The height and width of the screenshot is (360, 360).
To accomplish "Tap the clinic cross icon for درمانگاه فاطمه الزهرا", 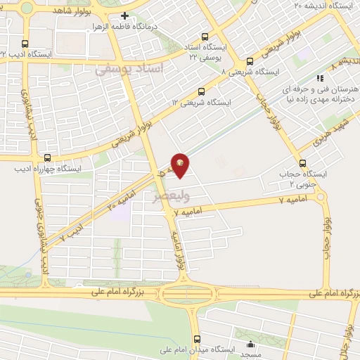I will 124,16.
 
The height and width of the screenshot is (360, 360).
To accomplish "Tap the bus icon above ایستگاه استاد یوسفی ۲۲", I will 205,37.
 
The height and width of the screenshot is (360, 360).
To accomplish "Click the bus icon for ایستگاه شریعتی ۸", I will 249,61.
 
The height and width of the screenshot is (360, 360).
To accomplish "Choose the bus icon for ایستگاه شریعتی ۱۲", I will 202,91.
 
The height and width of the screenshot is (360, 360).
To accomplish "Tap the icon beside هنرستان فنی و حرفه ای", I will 320,79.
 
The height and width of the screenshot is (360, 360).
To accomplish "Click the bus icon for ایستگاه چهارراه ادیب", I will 47,157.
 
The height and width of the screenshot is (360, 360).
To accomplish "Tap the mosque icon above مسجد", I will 251,345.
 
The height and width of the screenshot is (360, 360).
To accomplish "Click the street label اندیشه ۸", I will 345,60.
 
